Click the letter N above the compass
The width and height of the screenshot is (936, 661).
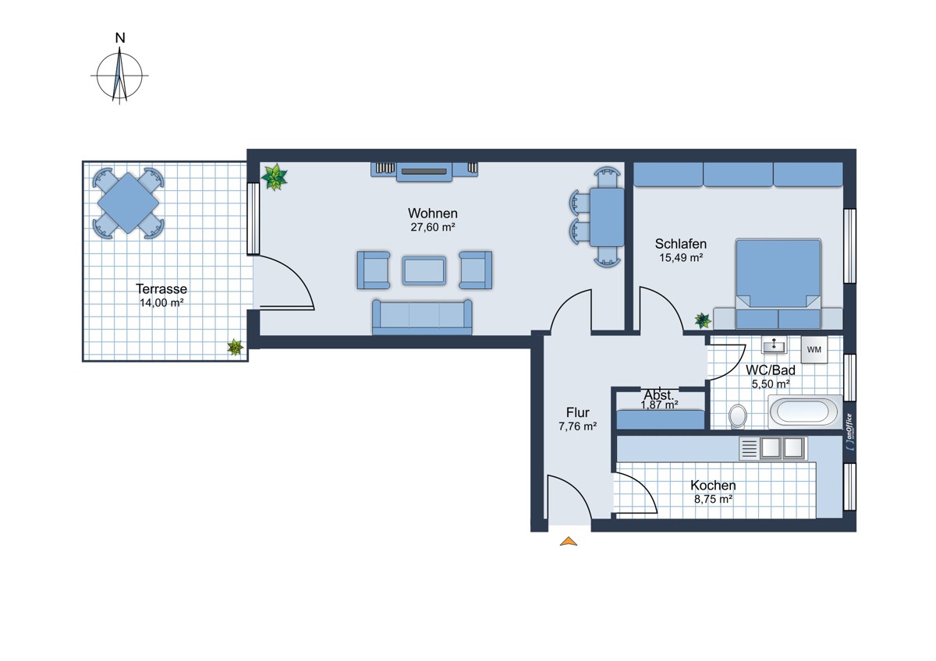tap(120, 38)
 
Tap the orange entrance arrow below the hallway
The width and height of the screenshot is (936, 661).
tap(569, 542)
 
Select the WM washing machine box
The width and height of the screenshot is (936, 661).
tap(814, 349)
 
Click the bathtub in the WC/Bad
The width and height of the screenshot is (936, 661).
tap(805, 412)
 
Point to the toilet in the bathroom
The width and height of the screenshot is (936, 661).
tap(738, 416)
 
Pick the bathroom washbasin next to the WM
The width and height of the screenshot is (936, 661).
tap(774, 345)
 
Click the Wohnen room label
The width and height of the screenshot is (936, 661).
tap(432, 214)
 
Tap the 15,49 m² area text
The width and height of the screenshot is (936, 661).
tap(681, 258)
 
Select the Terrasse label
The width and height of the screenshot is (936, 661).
tap(161, 289)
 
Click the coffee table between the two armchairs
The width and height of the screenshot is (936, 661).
tap(424, 270)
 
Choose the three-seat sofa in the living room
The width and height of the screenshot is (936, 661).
tap(422, 317)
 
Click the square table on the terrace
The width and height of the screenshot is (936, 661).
tap(128, 203)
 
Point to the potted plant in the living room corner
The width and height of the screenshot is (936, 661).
tap(274, 177)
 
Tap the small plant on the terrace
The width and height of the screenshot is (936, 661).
tap(236, 347)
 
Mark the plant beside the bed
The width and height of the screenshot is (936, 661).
tap(703, 320)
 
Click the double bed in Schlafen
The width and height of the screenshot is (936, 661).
tap(778, 284)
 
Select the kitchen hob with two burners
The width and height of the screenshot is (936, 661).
tap(782, 448)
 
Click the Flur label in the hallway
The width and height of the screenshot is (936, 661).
tap(578, 412)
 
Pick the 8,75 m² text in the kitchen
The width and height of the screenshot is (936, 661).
tap(713, 499)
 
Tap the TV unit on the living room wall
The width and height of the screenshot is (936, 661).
tap(424, 171)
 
